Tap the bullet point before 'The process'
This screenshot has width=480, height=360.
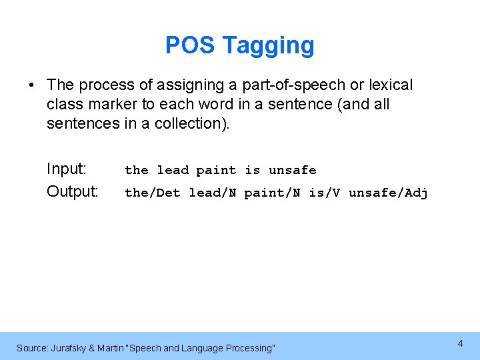click(31, 85)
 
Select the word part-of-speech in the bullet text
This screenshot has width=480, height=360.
click(295, 85)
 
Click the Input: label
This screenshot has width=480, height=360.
click(67, 169)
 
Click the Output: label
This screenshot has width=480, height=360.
click(73, 192)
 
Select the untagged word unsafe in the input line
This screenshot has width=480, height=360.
click(292, 170)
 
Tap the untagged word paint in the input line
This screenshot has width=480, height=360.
click(216, 170)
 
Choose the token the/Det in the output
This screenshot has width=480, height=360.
click(153, 193)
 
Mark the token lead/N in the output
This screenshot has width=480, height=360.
click(213, 193)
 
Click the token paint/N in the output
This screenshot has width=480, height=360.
click(272, 193)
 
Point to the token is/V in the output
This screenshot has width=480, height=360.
click(325, 193)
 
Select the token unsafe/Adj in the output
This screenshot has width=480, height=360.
click(388, 193)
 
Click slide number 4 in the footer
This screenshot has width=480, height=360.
click(460, 344)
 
